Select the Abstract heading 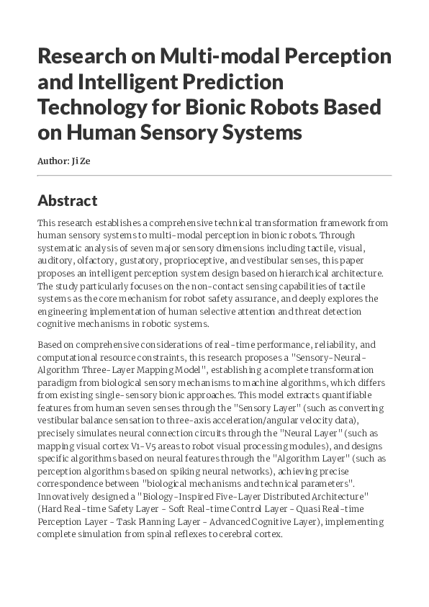pos(67,200)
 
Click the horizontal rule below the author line pos(214,175)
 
